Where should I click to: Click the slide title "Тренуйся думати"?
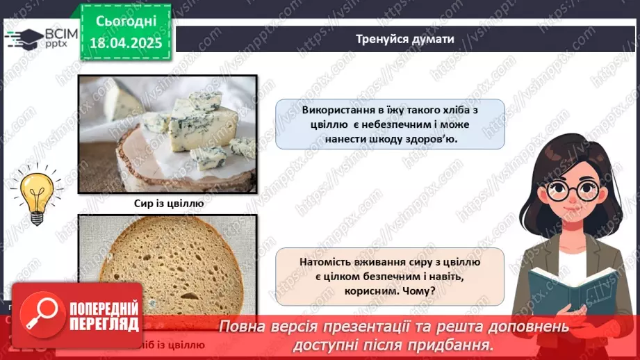[405, 39]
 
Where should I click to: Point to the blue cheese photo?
[167, 133]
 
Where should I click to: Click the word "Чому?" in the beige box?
[420, 291]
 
